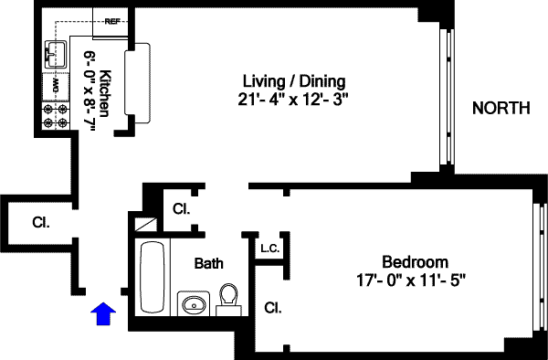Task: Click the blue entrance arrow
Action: click(x=103, y=313)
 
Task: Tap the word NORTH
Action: click(x=501, y=108)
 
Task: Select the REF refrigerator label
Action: click(x=112, y=21)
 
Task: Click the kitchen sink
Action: click(x=56, y=54)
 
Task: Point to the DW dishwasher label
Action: click(x=56, y=86)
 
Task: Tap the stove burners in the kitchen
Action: click(x=56, y=116)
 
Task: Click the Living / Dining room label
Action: click(x=294, y=82)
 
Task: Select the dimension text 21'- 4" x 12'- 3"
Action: click(x=293, y=100)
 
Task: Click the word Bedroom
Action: click(x=415, y=262)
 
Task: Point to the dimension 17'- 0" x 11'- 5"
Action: click(x=411, y=280)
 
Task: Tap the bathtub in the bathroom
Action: click(x=152, y=277)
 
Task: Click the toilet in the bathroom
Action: click(x=228, y=300)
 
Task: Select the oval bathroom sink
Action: click(x=194, y=304)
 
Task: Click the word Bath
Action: click(x=208, y=263)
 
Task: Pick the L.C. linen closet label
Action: click(x=269, y=249)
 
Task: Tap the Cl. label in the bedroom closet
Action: click(x=273, y=308)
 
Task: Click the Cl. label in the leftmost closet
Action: click(x=41, y=222)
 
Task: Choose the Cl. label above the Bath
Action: click(x=182, y=209)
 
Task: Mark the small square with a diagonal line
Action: click(x=146, y=225)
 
